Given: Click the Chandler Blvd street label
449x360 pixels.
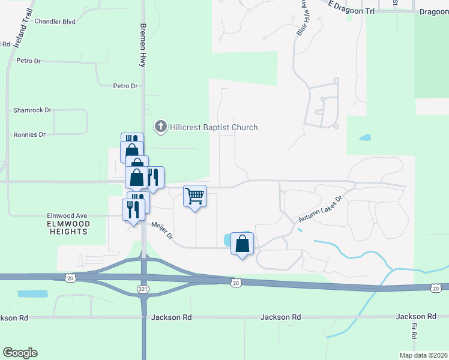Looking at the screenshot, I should click(x=55, y=22).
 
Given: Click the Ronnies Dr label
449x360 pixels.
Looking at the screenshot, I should click(x=29, y=135).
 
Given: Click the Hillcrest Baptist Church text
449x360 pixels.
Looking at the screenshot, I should click(x=214, y=127).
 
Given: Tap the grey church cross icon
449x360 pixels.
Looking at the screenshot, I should click(x=160, y=127).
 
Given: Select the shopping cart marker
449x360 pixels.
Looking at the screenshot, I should click(x=194, y=196).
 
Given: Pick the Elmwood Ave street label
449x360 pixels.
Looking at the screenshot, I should click(x=67, y=215).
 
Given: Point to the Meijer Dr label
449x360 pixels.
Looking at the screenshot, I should click(x=162, y=231).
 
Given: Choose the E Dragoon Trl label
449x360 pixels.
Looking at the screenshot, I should click(x=348, y=7).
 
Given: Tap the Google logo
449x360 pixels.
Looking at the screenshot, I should click(x=20, y=353).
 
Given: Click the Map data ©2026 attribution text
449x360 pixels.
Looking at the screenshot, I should click(x=423, y=355).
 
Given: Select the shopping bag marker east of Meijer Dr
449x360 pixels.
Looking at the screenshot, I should click(x=242, y=244).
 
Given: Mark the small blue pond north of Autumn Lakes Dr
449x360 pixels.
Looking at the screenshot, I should click(x=364, y=137).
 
